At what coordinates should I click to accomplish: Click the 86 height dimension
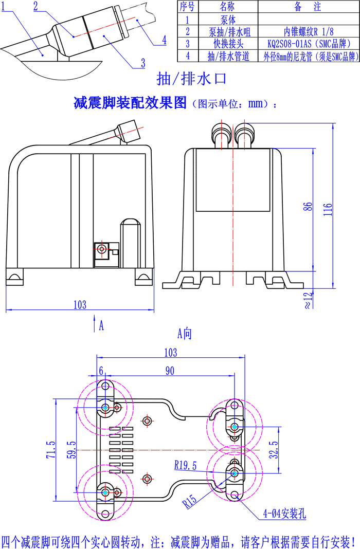pos(308,206)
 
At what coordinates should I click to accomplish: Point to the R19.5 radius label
pos(186,466)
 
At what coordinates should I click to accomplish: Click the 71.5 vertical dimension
pos(50,449)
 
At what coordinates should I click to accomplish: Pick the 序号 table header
pos(188,7)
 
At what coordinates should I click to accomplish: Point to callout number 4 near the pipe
pos(164,40)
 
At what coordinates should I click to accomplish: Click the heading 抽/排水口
pos(191,79)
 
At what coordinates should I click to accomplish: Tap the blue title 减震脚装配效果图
pos(130,103)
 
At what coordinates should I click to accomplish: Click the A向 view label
pos(184,334)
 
